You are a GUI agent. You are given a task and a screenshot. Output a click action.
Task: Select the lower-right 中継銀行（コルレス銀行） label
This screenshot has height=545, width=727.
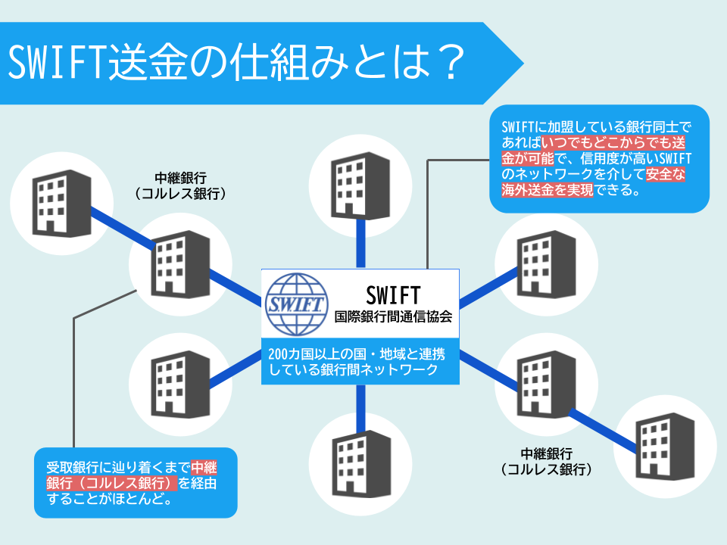click(545, 462)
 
